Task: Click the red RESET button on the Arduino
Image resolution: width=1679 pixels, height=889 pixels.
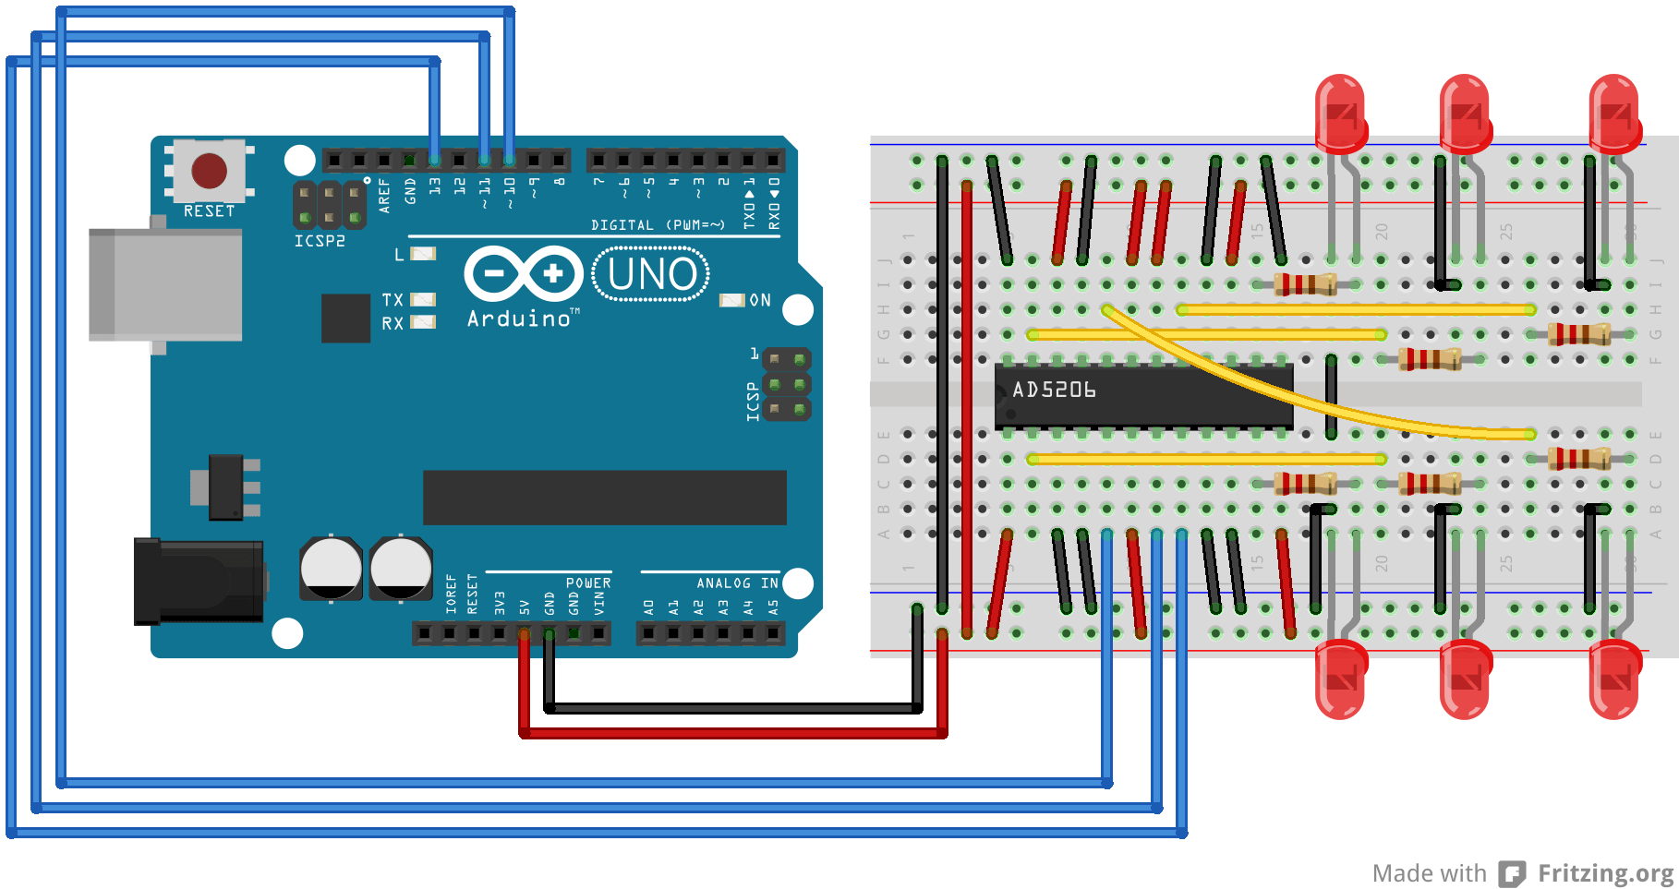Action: [209, 171]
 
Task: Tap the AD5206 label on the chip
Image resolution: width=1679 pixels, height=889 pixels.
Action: [1054, 390]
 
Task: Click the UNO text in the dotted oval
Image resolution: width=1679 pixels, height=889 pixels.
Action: [652, 275]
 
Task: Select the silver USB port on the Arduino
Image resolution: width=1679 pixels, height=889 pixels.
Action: [165, 284]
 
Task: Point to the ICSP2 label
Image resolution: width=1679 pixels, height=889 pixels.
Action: [320, 241]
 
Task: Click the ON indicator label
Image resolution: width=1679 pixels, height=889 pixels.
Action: [760, 301]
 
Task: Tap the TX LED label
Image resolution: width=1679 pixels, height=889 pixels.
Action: [393, 300]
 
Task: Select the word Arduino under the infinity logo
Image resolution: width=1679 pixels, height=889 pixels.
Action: [519, 319]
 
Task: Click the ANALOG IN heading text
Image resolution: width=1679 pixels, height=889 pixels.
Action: [737, 583]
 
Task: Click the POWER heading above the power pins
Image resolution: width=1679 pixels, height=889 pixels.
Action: [588, 583]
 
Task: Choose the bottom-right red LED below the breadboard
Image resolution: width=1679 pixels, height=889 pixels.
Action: [1614, 681]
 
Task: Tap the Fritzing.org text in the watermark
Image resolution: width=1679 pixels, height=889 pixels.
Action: [1605, 873]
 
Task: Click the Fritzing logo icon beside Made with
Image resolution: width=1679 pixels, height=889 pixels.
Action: [1512, 873]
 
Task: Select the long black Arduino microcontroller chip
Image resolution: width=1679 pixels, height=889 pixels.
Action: [604, 498]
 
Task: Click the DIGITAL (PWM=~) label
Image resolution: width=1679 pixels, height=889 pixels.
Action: [658, 225]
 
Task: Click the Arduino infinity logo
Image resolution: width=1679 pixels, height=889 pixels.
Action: [524, 274]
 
